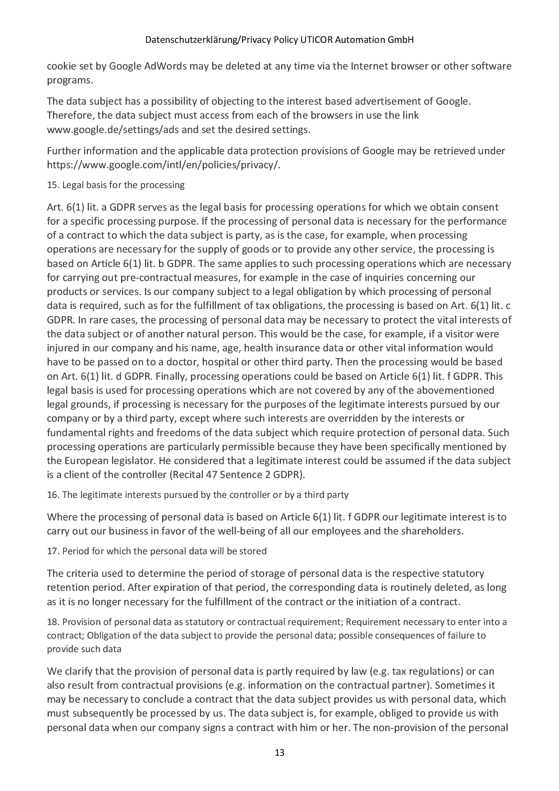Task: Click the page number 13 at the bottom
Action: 279,753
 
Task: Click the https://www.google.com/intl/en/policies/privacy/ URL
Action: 163,165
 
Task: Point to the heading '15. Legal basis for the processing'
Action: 116,185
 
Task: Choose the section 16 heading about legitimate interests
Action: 197,495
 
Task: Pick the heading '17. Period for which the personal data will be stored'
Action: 157,551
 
